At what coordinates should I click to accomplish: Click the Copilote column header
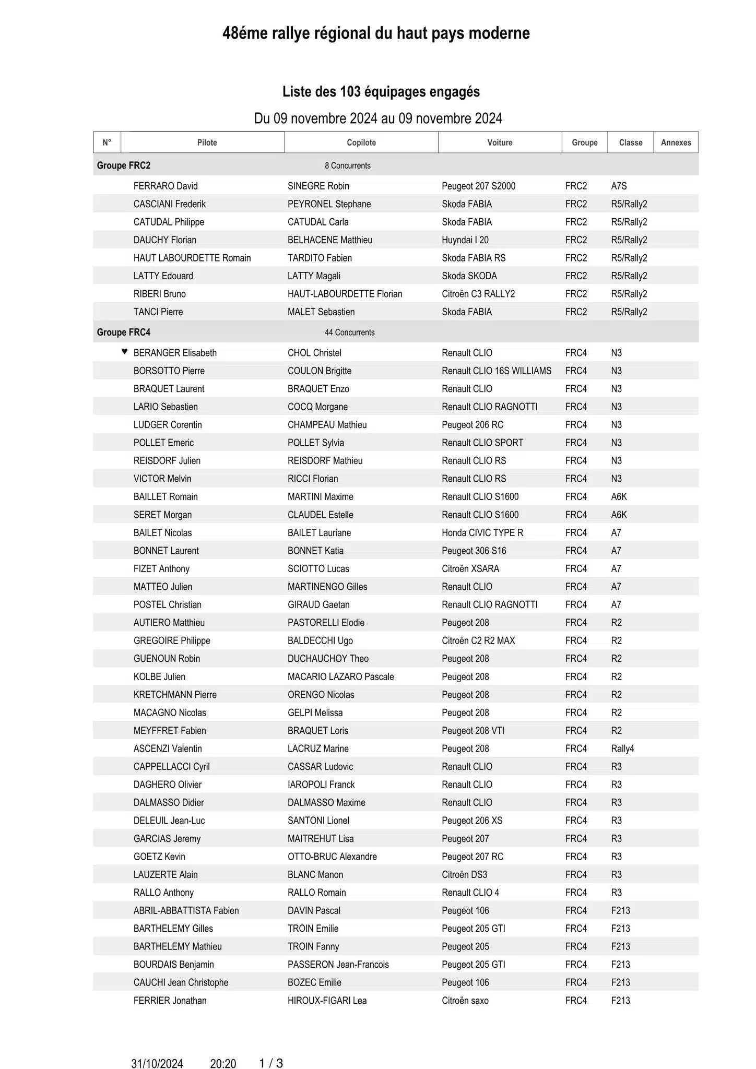click(361, 142)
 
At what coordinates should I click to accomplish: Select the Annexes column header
click(676, 142)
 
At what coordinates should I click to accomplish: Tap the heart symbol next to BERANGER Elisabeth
click(124, 351)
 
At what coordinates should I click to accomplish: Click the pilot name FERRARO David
click(166, 186)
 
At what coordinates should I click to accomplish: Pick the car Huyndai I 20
click(465, 240)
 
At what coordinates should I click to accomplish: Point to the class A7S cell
click(619, 186)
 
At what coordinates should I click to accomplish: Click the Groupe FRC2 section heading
click(124, 165)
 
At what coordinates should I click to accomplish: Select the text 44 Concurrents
click(349, 332)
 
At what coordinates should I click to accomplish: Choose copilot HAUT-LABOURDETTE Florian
click(345, 294)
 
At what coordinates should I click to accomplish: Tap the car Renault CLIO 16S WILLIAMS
click(496, 371)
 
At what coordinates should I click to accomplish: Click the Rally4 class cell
click(622, 749)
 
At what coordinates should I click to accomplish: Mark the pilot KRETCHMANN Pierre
click(175, 695)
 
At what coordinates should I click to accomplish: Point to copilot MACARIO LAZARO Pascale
click(340, 676)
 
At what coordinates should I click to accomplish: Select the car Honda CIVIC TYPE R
click(482, 532)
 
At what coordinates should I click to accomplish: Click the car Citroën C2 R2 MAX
click(478, 640)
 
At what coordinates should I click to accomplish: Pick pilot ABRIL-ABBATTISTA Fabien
click(186, 910)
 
